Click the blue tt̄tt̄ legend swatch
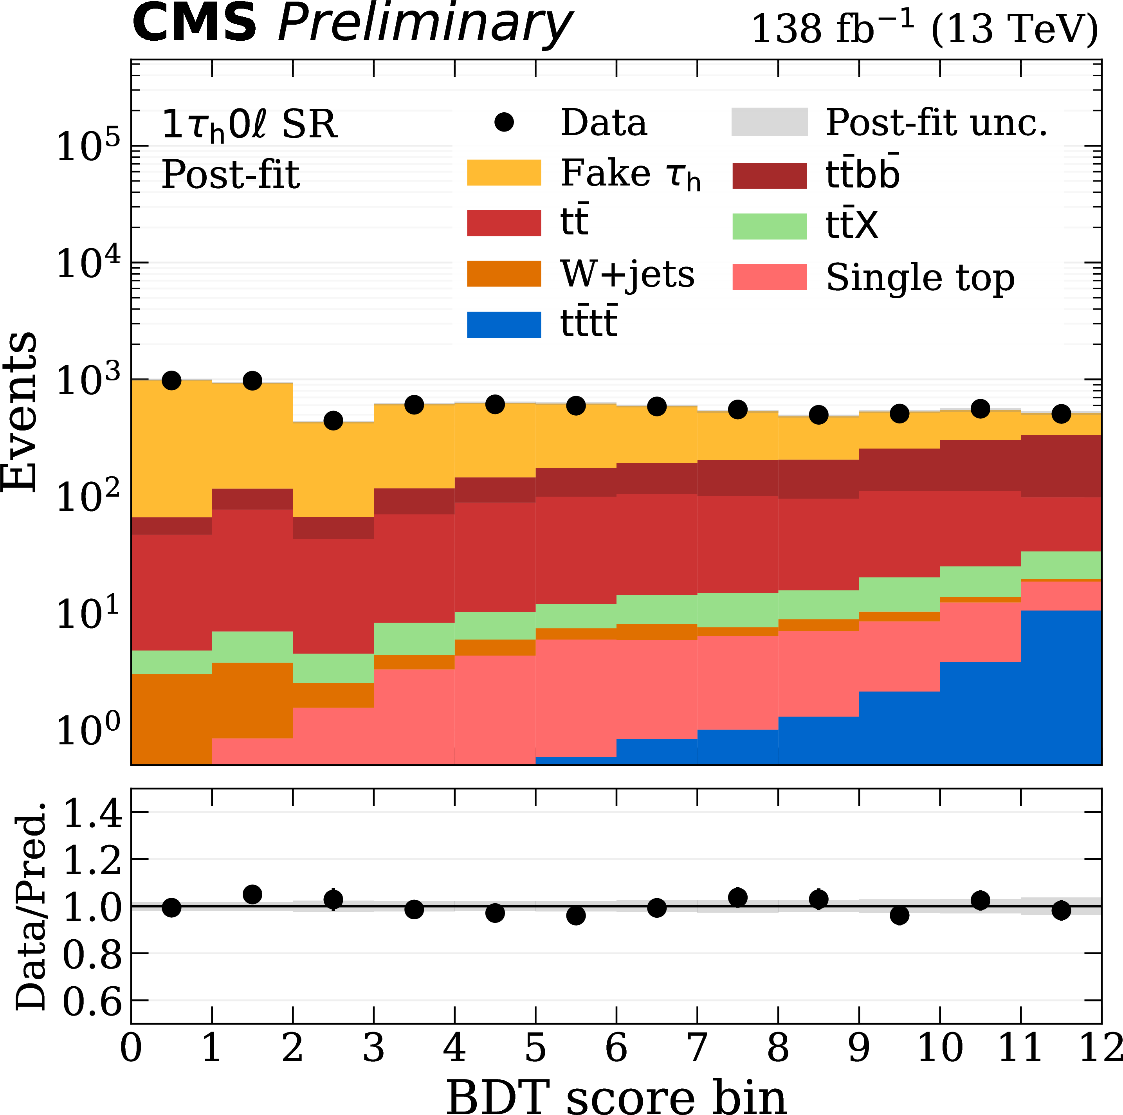pos(504,324)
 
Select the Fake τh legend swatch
pos(504,173)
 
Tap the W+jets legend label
pos(627,274)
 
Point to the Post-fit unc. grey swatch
pos(769,122)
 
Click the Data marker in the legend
pos(504,122)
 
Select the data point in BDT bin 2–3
pos(333,421)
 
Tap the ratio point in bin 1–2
pos(252,894)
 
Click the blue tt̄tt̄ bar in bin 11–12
pos(1061,686)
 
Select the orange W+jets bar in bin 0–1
pos(171,718)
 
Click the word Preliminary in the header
pos(424,24)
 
